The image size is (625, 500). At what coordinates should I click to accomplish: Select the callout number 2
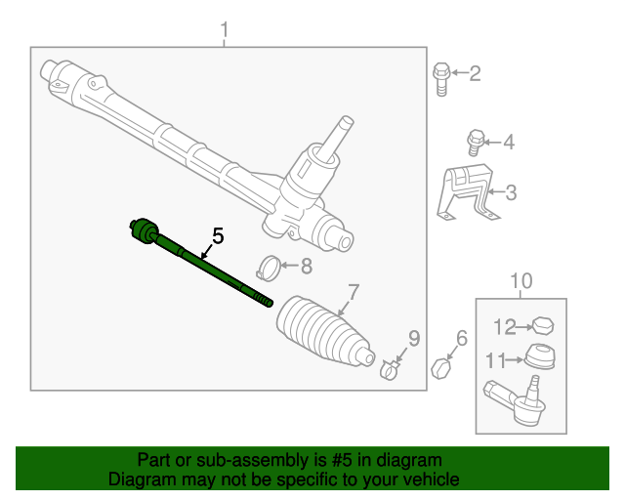click(476, 72)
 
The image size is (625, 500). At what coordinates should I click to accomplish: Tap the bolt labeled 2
click(441, 80)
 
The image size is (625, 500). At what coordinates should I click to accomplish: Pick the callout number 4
click(507, 143)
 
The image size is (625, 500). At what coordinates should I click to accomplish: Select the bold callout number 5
click(218, 236)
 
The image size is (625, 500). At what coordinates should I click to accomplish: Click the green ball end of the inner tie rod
click(145, 230)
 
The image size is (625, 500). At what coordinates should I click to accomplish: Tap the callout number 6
click(462, 339)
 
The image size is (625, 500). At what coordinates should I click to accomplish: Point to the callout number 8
click(306, 265)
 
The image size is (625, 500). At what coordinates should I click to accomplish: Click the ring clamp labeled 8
click(269, 265)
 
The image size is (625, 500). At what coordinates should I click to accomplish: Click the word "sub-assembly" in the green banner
click(213, 460)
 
